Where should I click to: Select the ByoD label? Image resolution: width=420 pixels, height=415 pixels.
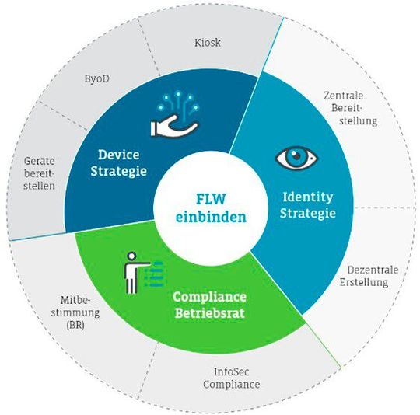(97, 78)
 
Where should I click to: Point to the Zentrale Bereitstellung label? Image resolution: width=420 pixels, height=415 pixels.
(350, 108)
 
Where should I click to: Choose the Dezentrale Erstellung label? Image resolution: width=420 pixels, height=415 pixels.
(369, 276)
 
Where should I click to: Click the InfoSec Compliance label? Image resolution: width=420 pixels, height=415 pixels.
(232, 378)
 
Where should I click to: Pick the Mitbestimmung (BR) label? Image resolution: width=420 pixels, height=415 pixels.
(77, 312)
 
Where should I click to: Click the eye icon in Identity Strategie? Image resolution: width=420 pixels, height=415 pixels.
(296, 158)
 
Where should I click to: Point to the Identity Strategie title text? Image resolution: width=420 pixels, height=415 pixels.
(307, 204)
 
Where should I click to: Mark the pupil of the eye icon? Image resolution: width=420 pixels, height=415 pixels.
(296, 158)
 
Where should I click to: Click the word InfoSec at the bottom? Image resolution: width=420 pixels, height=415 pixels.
(232, 371)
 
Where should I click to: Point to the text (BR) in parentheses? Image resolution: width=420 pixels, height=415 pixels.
(77, 326)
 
